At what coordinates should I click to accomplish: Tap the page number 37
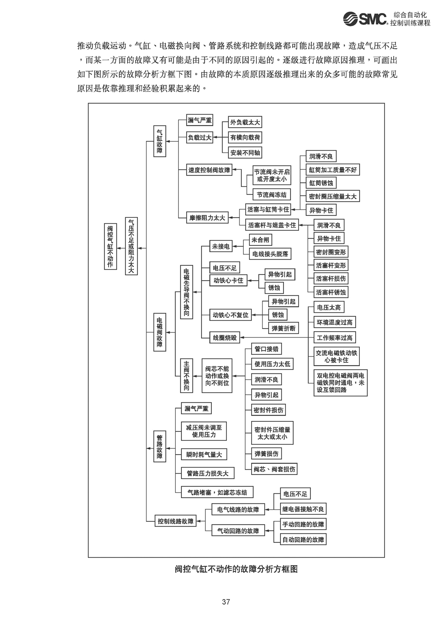coord(226,602)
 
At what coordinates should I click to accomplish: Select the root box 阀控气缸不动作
coord(110,247)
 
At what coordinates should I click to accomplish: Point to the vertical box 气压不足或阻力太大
coord(131,246)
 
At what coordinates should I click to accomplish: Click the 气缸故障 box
coord(159,141)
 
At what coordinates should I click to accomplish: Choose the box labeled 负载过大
coord(199,138)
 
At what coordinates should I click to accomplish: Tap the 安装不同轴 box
coord(246,153)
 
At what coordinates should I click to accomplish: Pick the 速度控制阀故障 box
coord(209,170)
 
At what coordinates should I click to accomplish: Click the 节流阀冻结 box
coord(272,195)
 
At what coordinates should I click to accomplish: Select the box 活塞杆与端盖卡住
coord(272,225)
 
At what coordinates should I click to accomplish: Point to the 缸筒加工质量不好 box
coord(332,170)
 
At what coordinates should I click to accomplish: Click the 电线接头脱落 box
coord(270,254)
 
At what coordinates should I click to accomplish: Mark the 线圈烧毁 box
coord(225,337)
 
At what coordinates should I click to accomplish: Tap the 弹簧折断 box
coord(283,329)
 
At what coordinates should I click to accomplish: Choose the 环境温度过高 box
coord(335,322)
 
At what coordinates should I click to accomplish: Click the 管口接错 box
coord(266,349)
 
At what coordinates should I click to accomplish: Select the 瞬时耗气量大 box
coord(204,455)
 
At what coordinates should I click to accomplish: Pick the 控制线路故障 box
coord(176,521)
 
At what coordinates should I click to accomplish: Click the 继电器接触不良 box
coord(303,509)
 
